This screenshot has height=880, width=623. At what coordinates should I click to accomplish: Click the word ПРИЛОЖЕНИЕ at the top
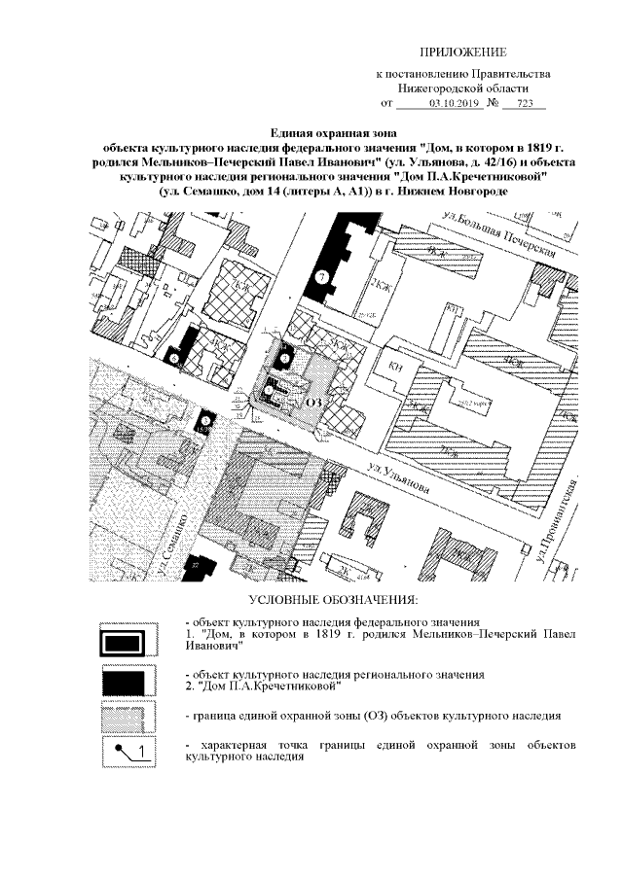(x=462, y=51)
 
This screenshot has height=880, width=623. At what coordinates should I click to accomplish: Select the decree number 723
(x=530, y=102)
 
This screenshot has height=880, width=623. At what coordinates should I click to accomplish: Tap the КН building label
(x=395, y=366)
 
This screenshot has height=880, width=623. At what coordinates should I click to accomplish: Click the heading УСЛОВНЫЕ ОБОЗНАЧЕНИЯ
(x=333, y=597)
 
